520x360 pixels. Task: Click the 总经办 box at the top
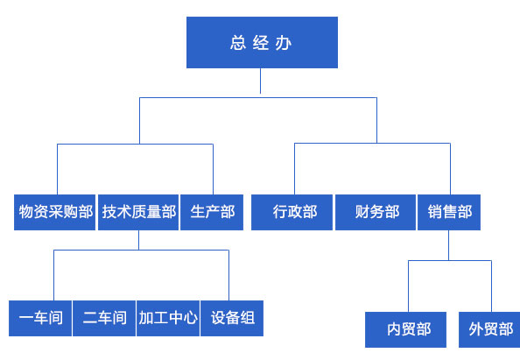click(262, 42)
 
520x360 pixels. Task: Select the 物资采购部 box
click(55, 212)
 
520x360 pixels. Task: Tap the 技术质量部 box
click(138, 212)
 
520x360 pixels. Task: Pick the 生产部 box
click(212, 212)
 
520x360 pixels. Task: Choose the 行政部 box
click(292, 212)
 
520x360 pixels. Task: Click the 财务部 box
click(376, 212)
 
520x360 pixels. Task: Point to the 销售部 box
click(449, 212)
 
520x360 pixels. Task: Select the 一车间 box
click(40, 318)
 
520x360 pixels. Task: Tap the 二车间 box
click(104, 318)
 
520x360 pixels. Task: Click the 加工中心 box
click(168, 318)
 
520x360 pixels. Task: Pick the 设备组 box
click(232, 318)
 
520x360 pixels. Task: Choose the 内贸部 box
click(405, 329)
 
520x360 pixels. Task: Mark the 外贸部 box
click(489, 329)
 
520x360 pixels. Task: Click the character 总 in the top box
click(238, 43)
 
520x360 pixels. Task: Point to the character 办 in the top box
click(284, 43)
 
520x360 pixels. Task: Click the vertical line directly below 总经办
click(260, 81)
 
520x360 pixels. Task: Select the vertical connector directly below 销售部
click(449, 245)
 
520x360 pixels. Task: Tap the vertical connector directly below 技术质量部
click(138, 240)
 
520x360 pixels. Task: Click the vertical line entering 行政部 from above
click(294, 169)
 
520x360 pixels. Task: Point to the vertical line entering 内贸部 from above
click(408, 286)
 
